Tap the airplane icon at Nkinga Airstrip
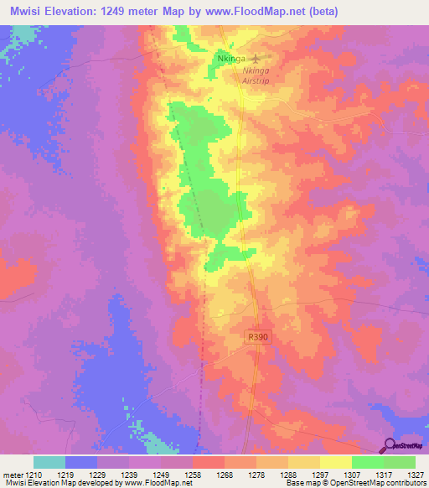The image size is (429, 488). [x=256, y=59]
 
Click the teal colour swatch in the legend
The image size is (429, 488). [x=49, y=462]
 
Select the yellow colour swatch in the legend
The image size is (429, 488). [x=336, y=462]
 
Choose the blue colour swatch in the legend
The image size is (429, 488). [x=81, y=462]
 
